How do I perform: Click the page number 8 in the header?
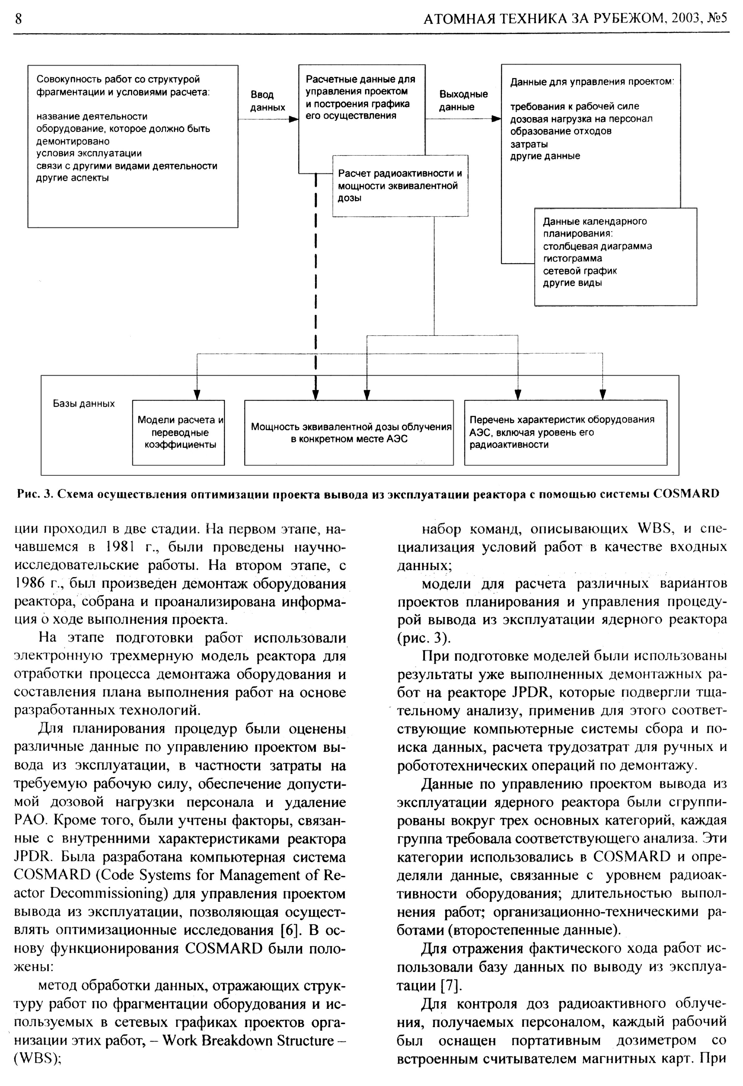coord(18,19)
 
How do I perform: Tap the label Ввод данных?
coord(267,101)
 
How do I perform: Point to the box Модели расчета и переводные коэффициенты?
coord(179,432)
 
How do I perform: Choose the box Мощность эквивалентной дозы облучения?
coord(349,432)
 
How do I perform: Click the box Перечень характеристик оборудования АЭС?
coord(565,432)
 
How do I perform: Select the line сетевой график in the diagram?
coord(580,271)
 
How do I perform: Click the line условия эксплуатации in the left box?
coord(89,153)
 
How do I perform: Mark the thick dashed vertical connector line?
coord(316,280)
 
